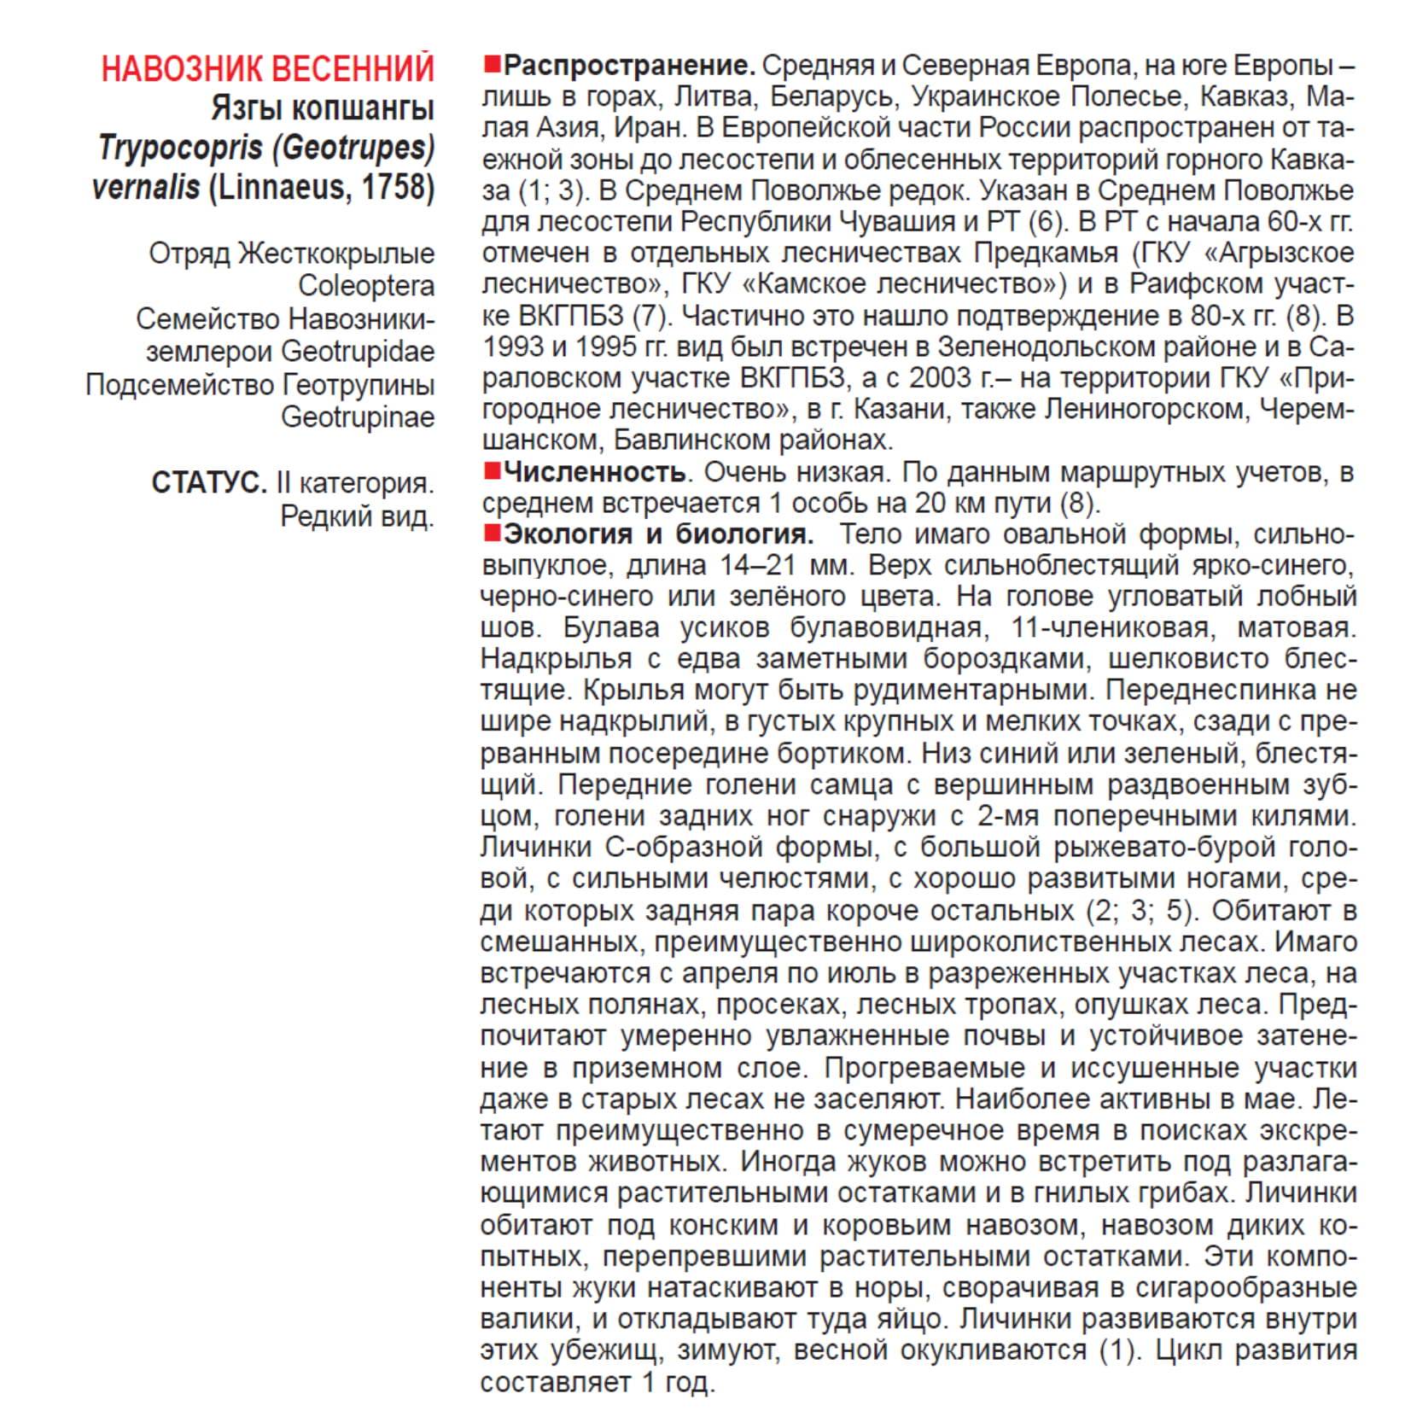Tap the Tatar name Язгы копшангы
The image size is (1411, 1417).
pyautogui.click(x=322, y=108)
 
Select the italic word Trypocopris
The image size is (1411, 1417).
pyautogui.click(x=180, y=148)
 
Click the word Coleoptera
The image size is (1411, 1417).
pyautogui.click(x=365, y=286)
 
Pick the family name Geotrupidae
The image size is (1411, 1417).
pyautogui.click(x=358, y=351)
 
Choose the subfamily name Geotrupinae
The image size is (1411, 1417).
pyautogui.click(x=358, y=417)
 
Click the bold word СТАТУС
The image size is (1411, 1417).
pyautogui.click(x=209, y=483)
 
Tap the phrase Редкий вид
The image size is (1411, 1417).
pyautogui.click(x=357, y=516)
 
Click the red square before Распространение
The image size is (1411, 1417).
pyautogui.click(x=491, y=64)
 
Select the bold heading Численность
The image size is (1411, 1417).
pyautogui.click(x=594, y=471)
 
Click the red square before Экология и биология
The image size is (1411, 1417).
pyautogui.click(x=491, y=534)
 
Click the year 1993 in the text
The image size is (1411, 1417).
pyautogui.click(x=513, y=347)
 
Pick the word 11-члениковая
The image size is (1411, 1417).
pyautogui.click(x=1110, y=628)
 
